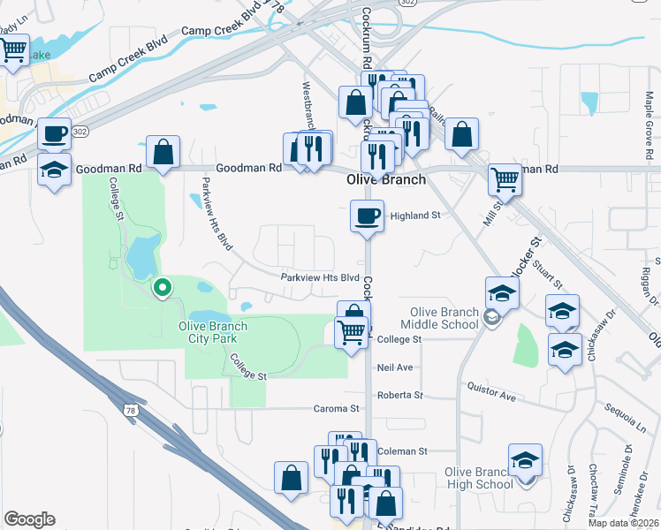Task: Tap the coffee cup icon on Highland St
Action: pos(367,216)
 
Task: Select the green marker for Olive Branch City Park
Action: pos(162,287)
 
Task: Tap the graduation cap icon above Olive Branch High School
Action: pos(525,461)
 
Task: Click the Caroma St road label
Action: pos(337,409)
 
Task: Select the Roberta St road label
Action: pos(400,395)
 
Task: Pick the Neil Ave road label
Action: pos(395,367)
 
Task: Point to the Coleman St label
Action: pos(402,451)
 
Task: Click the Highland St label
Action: pos(415,216)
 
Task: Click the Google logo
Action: pos(30,519)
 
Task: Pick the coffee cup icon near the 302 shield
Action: pos(56,133)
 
